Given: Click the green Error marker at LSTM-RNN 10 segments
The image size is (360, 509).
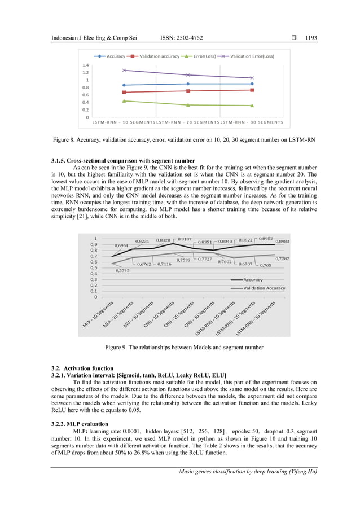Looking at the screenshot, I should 124,101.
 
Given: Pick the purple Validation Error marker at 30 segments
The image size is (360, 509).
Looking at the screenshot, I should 252,78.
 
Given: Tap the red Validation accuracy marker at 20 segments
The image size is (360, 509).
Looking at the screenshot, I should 188,91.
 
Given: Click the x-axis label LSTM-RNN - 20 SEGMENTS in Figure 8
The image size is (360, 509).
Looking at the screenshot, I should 187,122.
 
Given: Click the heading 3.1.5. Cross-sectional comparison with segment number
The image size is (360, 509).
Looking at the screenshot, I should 123,161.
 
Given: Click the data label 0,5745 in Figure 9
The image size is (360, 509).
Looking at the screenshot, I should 122,271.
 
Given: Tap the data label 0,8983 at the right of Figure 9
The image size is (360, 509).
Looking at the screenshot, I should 282,242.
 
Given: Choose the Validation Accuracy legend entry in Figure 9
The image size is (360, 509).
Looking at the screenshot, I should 264,288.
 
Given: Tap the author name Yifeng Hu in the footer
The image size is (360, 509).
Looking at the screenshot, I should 299,472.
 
